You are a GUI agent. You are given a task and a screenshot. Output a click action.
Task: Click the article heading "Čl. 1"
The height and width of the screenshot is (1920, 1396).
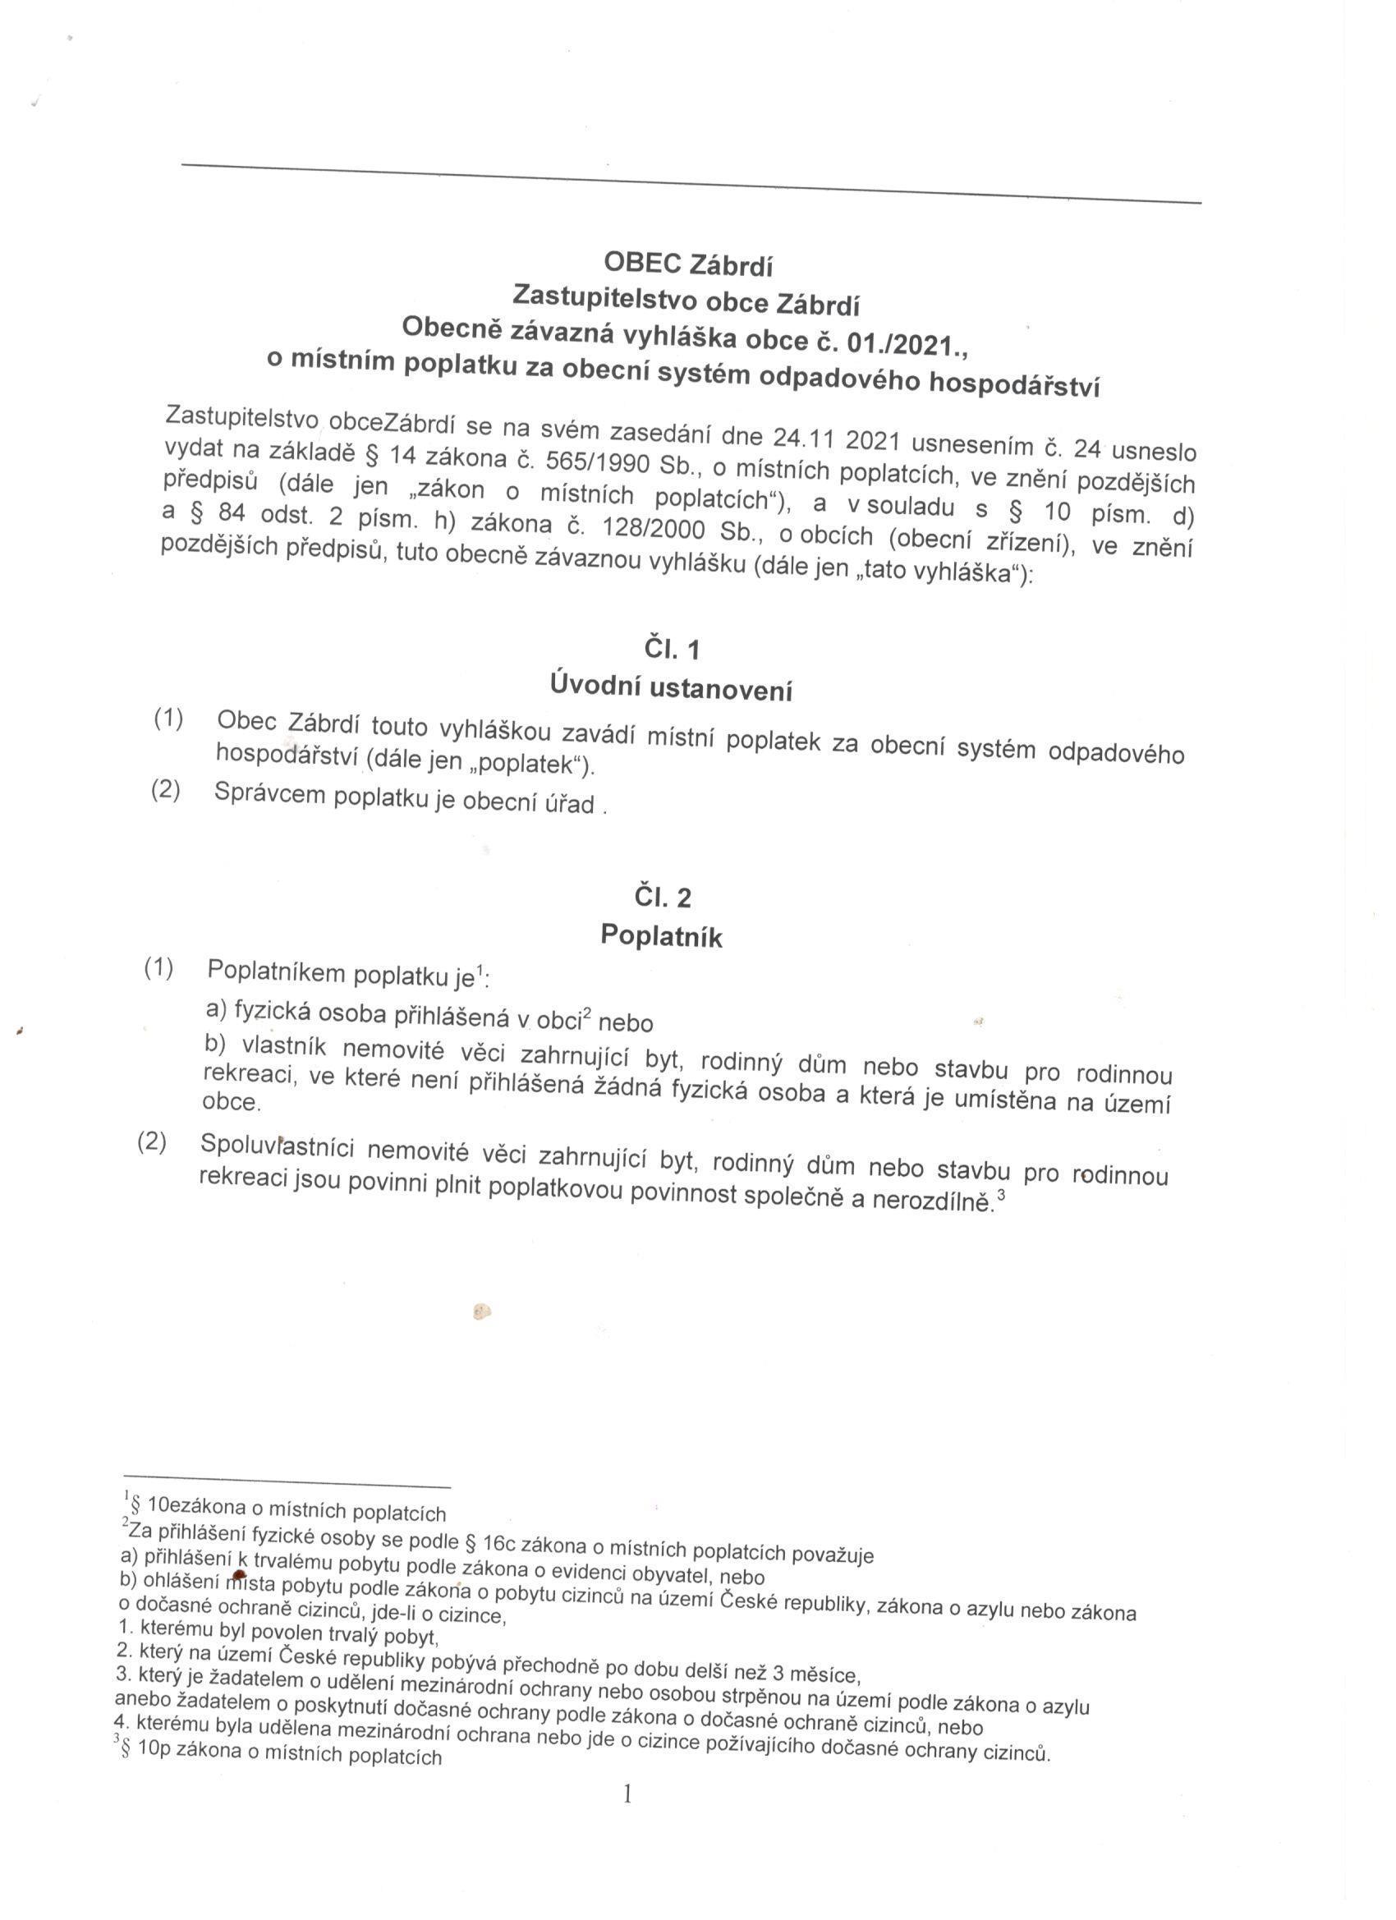coord(672,650)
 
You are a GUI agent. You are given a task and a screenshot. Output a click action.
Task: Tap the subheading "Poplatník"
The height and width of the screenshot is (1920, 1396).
coord(661,935)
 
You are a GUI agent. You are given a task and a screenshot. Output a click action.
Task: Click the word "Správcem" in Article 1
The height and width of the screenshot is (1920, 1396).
coord(270,794)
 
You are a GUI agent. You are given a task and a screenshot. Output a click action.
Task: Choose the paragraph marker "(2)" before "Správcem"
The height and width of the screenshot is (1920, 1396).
coord(166,791)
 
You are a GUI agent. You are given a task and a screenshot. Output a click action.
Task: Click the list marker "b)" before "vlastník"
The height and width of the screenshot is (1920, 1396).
coord(216,1045)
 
